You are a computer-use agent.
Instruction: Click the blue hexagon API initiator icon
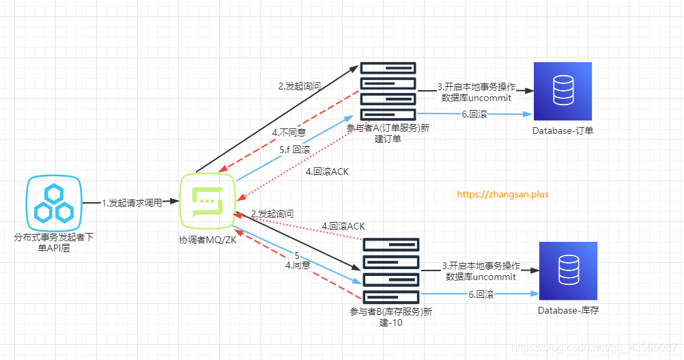(x=55, y=203)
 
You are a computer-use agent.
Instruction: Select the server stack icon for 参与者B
(x=390, y=271)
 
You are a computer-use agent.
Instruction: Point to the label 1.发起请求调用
(x=132, y=203)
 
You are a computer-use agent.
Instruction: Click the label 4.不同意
(x=289, y=132)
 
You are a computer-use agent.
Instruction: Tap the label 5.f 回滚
(x=295, y=149)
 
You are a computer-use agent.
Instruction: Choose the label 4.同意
(x=298, y=265)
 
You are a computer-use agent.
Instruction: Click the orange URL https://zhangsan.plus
(x=502, y=194)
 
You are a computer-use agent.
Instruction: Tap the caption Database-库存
(x=568, y=311)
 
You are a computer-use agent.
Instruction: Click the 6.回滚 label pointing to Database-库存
(x=481, y=294)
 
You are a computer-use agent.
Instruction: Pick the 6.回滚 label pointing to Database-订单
(x=473, y=114)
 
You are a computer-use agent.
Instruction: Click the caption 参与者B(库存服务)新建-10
(x=390, y=317)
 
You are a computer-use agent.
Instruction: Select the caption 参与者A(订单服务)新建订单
(x=388, y=133)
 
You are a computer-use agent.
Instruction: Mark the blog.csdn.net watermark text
(x=598, y=347)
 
